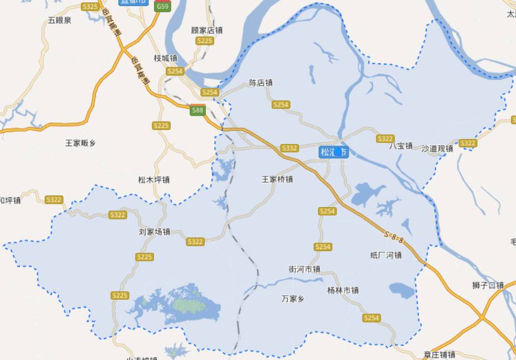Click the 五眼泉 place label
click(60, 21)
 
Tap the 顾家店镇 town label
click(206, 30)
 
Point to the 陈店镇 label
click(261, 83)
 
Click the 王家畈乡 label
click(80, 143)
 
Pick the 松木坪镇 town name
click(153, 180)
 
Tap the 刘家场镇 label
click(154, 231)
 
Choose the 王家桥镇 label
click(277, 179)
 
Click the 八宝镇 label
click(401, 146)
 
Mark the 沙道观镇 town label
click(437, 148)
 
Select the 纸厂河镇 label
click(385, 255)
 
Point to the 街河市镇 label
click(304, 269)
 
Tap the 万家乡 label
click(293, 299)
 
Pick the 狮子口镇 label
click(488, 285)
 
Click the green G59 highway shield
click(162, 6)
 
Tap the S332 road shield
click(290, 148)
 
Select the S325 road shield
click(90, 6)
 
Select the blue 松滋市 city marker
click(334, 152)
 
